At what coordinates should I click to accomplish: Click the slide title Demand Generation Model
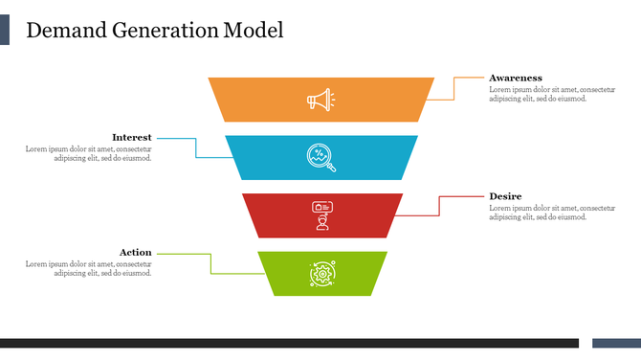pos(154,31)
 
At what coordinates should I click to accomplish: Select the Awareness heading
pos(516,78)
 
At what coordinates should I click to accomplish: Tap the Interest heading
pos(131,137)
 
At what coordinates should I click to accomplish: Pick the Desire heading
pos(505,196)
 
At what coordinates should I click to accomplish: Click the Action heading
pos(135,253)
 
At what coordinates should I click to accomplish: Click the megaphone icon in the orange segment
pos(320,100)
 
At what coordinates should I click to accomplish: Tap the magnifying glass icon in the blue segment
pos(320,157)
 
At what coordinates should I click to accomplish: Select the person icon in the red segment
pos(321,215)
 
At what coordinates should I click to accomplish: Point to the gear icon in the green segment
pos(321,274)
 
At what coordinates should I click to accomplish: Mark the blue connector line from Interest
pos(196,148)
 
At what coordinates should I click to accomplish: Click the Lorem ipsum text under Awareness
pos(551,94)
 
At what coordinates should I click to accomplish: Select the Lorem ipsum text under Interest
pos(89,153)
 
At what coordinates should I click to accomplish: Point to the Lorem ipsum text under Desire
pos(551,213)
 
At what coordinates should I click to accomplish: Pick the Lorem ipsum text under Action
pos(89,268)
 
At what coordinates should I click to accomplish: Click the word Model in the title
pos(254,31)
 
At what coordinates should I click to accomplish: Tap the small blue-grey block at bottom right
pos(616,343)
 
